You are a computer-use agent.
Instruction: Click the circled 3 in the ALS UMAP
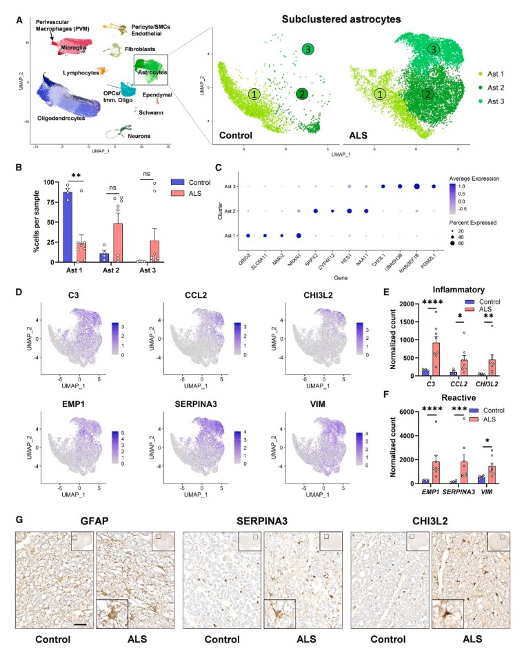[x=433, y=49]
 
